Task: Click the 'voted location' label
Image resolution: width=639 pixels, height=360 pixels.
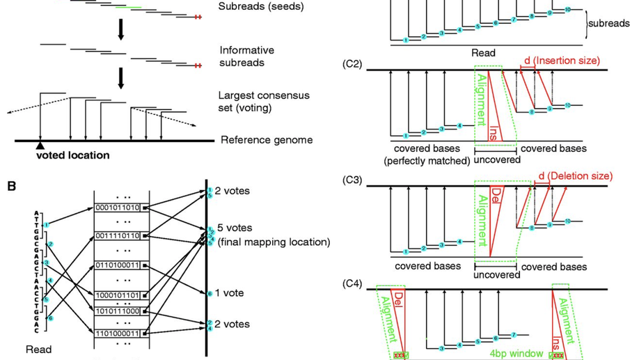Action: (72, 155)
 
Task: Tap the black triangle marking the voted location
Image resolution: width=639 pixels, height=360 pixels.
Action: (40, 145)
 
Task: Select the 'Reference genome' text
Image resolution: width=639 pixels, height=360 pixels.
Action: (267, 140)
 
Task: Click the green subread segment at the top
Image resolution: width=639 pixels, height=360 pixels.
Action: (131, 6)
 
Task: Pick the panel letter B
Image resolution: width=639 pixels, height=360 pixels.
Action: (11, 186)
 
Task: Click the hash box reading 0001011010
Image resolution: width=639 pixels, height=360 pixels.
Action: (120, 208)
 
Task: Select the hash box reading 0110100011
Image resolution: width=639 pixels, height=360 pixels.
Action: (120, 265)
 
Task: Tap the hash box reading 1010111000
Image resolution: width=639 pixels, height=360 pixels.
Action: (120, 311)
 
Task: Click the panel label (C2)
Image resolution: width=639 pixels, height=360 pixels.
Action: (352, 64)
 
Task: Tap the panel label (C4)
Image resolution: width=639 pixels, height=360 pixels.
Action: (352, 283)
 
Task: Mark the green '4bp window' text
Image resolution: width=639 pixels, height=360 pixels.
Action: (515, 354)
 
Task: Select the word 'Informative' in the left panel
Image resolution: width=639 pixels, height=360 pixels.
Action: (247, 50)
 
